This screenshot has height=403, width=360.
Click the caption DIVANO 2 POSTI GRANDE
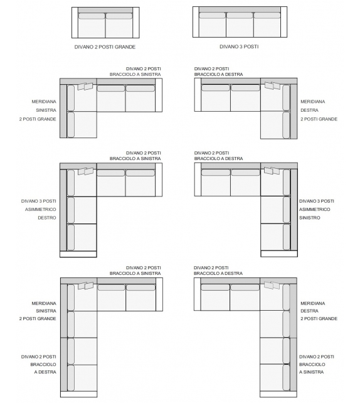[x=105, y=46]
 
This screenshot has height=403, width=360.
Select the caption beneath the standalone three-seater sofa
[x=239, y=46]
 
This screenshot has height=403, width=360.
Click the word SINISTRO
[x=310, y=218]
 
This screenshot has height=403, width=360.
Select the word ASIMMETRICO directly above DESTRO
[x=40, y=209]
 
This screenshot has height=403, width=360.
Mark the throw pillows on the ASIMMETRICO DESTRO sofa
[x=85, y=171]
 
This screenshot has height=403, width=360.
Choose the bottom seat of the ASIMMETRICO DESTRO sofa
[x=82, y=238]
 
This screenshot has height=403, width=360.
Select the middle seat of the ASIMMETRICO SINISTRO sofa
[x=273, y=210]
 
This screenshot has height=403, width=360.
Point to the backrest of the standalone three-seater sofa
[x=239, y=9]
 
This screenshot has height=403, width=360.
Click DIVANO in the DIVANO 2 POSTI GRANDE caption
[x=84, y=46]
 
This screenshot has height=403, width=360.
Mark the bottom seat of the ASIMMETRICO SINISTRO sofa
[x=273, y=238]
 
